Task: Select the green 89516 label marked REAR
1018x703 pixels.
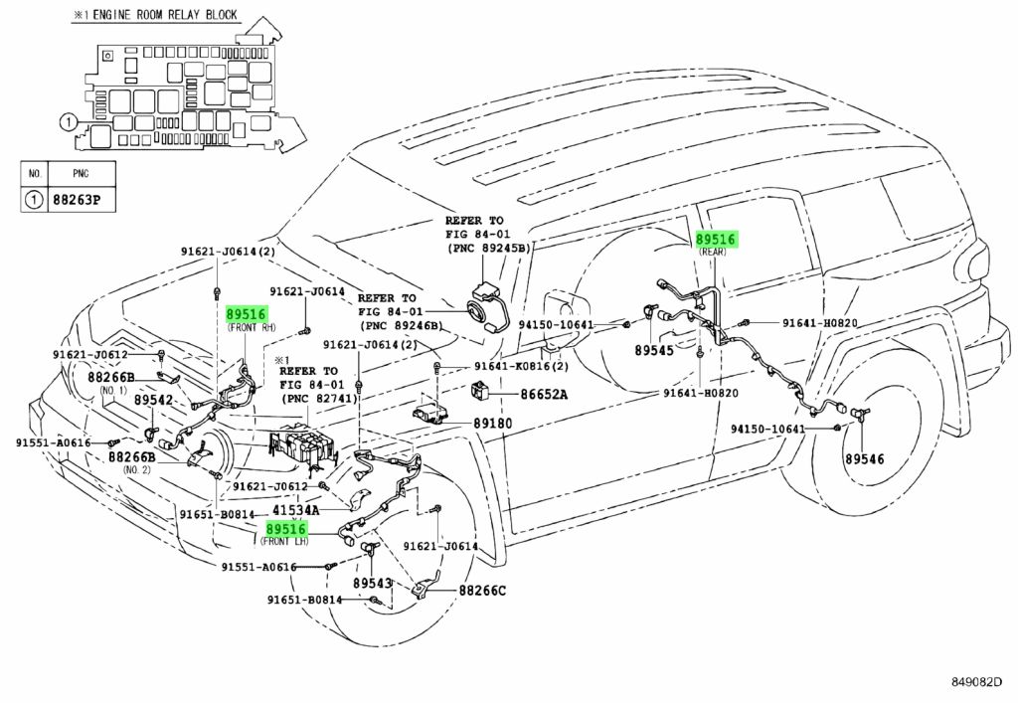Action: coord(716,240)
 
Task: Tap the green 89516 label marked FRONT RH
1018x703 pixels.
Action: coord(247,315)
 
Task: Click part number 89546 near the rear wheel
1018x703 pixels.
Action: coord(864,459)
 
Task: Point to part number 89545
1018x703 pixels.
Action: coord(654,350)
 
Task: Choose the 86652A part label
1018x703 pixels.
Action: coord(544,394)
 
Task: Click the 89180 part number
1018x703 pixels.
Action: coord(492,424)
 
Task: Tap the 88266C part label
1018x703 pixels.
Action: coord(482,590)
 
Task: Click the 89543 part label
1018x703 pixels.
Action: coord(373,583)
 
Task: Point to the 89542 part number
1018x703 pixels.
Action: coord(154,400)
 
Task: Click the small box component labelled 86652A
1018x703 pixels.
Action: coord(482,392)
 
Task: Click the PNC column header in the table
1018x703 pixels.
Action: coord(81,173)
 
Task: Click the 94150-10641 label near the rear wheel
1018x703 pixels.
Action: coord(767,430)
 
